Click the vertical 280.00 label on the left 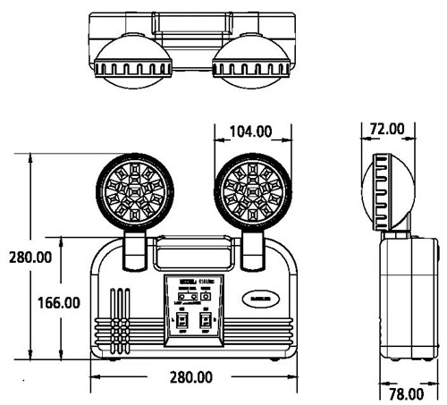[x=26, y=257]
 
